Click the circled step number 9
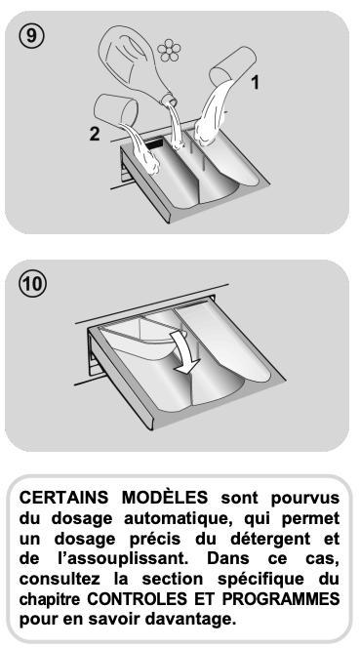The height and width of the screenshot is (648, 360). [x=31, y=36]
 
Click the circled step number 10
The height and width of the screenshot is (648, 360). [x=32, y=284]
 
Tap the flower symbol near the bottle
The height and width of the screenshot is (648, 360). [x=169, y=51]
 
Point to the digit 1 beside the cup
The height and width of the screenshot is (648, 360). [x=256, y=82]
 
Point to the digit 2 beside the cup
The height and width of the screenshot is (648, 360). [x=95, y=134]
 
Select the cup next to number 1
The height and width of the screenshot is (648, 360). [x=233, y=67]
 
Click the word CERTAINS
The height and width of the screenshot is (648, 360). [x=63, y=497]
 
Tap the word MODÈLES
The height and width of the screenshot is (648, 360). [x=165, y=497]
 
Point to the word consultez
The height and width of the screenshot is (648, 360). [x=60, y=579]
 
